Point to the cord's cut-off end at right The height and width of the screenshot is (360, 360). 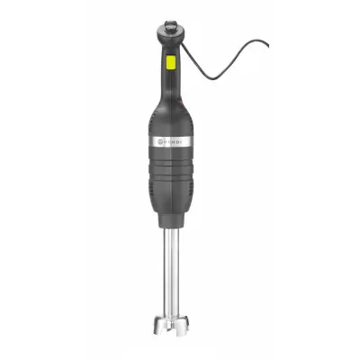point(267,43)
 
